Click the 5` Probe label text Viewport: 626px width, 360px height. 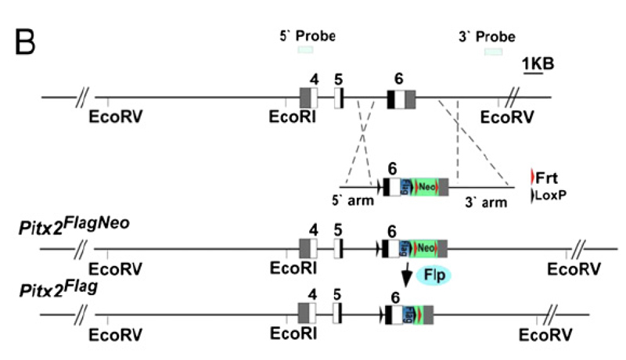[x=307, y=36]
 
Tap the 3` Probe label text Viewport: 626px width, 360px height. [x=487, y=36]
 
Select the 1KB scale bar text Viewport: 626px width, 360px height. [x=538, y=63]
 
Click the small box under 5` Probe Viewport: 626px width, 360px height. [x=305, y=50]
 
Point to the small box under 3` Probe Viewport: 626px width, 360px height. [x=493, y=51]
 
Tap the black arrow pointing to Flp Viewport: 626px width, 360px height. [x=408, y=275]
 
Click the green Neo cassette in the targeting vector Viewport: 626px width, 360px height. [x=426, y=187]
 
